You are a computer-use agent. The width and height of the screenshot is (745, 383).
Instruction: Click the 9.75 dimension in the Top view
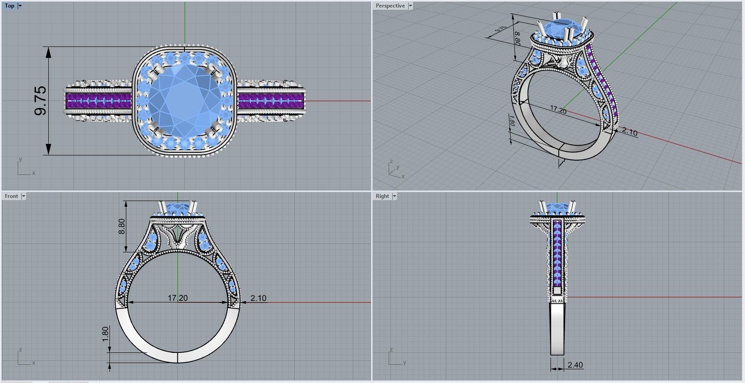40,101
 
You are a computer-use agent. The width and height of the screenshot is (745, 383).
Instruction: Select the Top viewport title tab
9,6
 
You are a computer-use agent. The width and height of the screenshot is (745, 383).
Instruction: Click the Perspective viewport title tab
390,6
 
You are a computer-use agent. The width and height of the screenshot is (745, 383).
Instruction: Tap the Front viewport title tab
11,196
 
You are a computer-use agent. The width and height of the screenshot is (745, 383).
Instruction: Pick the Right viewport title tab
382,196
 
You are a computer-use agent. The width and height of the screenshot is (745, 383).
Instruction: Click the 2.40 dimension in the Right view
575,365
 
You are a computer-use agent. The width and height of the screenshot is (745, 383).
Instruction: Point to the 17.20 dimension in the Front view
177,298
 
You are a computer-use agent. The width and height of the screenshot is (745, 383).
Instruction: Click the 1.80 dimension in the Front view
105,334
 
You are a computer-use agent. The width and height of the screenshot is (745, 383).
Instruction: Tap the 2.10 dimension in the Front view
258,298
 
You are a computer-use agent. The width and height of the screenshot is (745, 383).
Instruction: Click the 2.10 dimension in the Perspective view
629,132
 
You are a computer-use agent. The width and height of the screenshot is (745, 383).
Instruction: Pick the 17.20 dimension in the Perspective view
558,109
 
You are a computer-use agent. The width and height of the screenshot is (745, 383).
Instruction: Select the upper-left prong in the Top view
156,70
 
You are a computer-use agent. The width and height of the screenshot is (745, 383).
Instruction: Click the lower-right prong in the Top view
216,129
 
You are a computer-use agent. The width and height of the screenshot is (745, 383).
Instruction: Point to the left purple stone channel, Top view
98,101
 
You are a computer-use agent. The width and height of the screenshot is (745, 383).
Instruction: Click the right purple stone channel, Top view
270,101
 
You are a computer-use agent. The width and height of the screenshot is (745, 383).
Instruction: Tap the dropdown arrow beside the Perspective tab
410,6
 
